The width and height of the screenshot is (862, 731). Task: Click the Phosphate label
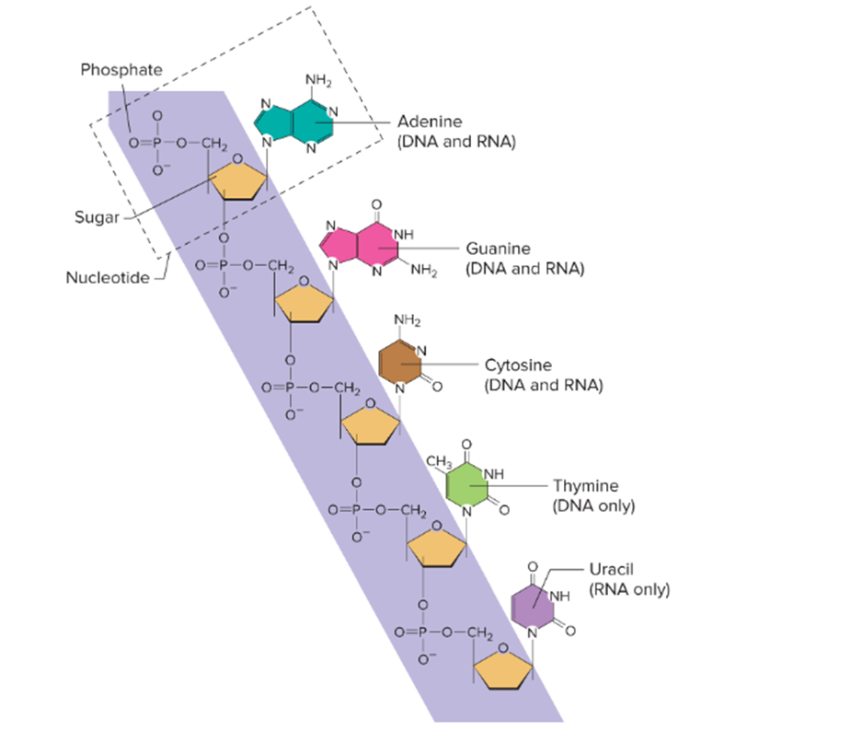(x=121, y=70)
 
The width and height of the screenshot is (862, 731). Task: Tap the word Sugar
(x=95, y=217)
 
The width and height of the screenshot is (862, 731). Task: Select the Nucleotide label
(x=107, y=277)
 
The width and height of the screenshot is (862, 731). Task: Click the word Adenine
(x=430, y=122)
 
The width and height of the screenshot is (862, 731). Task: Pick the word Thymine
(x=585, y=485)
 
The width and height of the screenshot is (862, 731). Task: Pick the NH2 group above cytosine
(x=406, y=320)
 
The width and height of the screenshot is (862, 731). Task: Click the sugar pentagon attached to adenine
(x=238, y=182)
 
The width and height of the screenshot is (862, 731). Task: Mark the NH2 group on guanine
(x=423, y=271)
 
